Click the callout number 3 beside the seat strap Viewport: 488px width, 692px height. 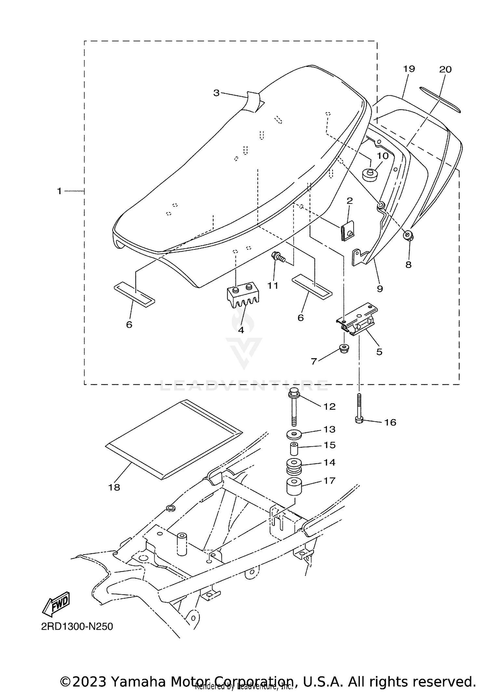point(216,93)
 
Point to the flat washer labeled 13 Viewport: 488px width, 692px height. point(294,434)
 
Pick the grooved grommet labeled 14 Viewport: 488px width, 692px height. point(294,467)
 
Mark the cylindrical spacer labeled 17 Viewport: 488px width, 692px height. point(294,487)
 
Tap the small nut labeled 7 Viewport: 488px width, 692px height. point(343,348)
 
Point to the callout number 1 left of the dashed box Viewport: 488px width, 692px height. point(59,191)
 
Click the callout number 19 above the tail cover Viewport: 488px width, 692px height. point(409,69)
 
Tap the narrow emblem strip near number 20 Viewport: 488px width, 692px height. point(440,100)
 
